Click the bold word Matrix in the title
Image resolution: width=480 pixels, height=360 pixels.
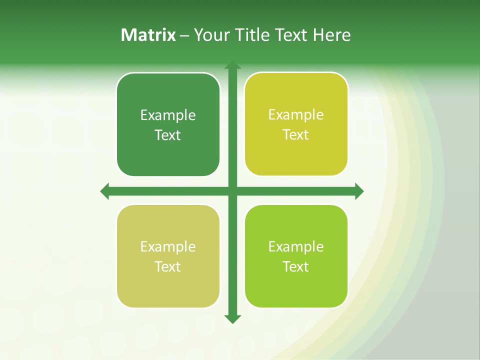pyautogui.click(x=148, y=35)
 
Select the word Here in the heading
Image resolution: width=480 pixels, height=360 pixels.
pyautogui.click(x=331, y=35)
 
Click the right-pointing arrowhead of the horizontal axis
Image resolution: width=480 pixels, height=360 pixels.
pyautogui.click(x=358, y=191)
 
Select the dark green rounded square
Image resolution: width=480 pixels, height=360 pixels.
pyautogui.click(x=168, y=160)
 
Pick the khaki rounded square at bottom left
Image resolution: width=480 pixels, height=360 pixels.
pyautogui.click(x=168, y=290)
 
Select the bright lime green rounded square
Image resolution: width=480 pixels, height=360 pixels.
pyautogui.click(x=296, y=290)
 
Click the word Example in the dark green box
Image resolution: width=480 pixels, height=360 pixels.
pyautogui.click(x=168, y=115)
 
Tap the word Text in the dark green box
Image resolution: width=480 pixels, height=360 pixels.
pyautogui.click(x=168, y=135)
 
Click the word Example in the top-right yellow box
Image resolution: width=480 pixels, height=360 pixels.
pyautogui.click(x=296, y=115)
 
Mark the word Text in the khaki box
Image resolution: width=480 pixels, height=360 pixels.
pyautogui.click(x=168, y=267)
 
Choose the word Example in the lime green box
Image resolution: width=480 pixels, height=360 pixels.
pyautogui.click(x=296, y=246)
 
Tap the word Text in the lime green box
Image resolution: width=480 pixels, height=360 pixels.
pyautogui.click(x=296, y=267)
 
